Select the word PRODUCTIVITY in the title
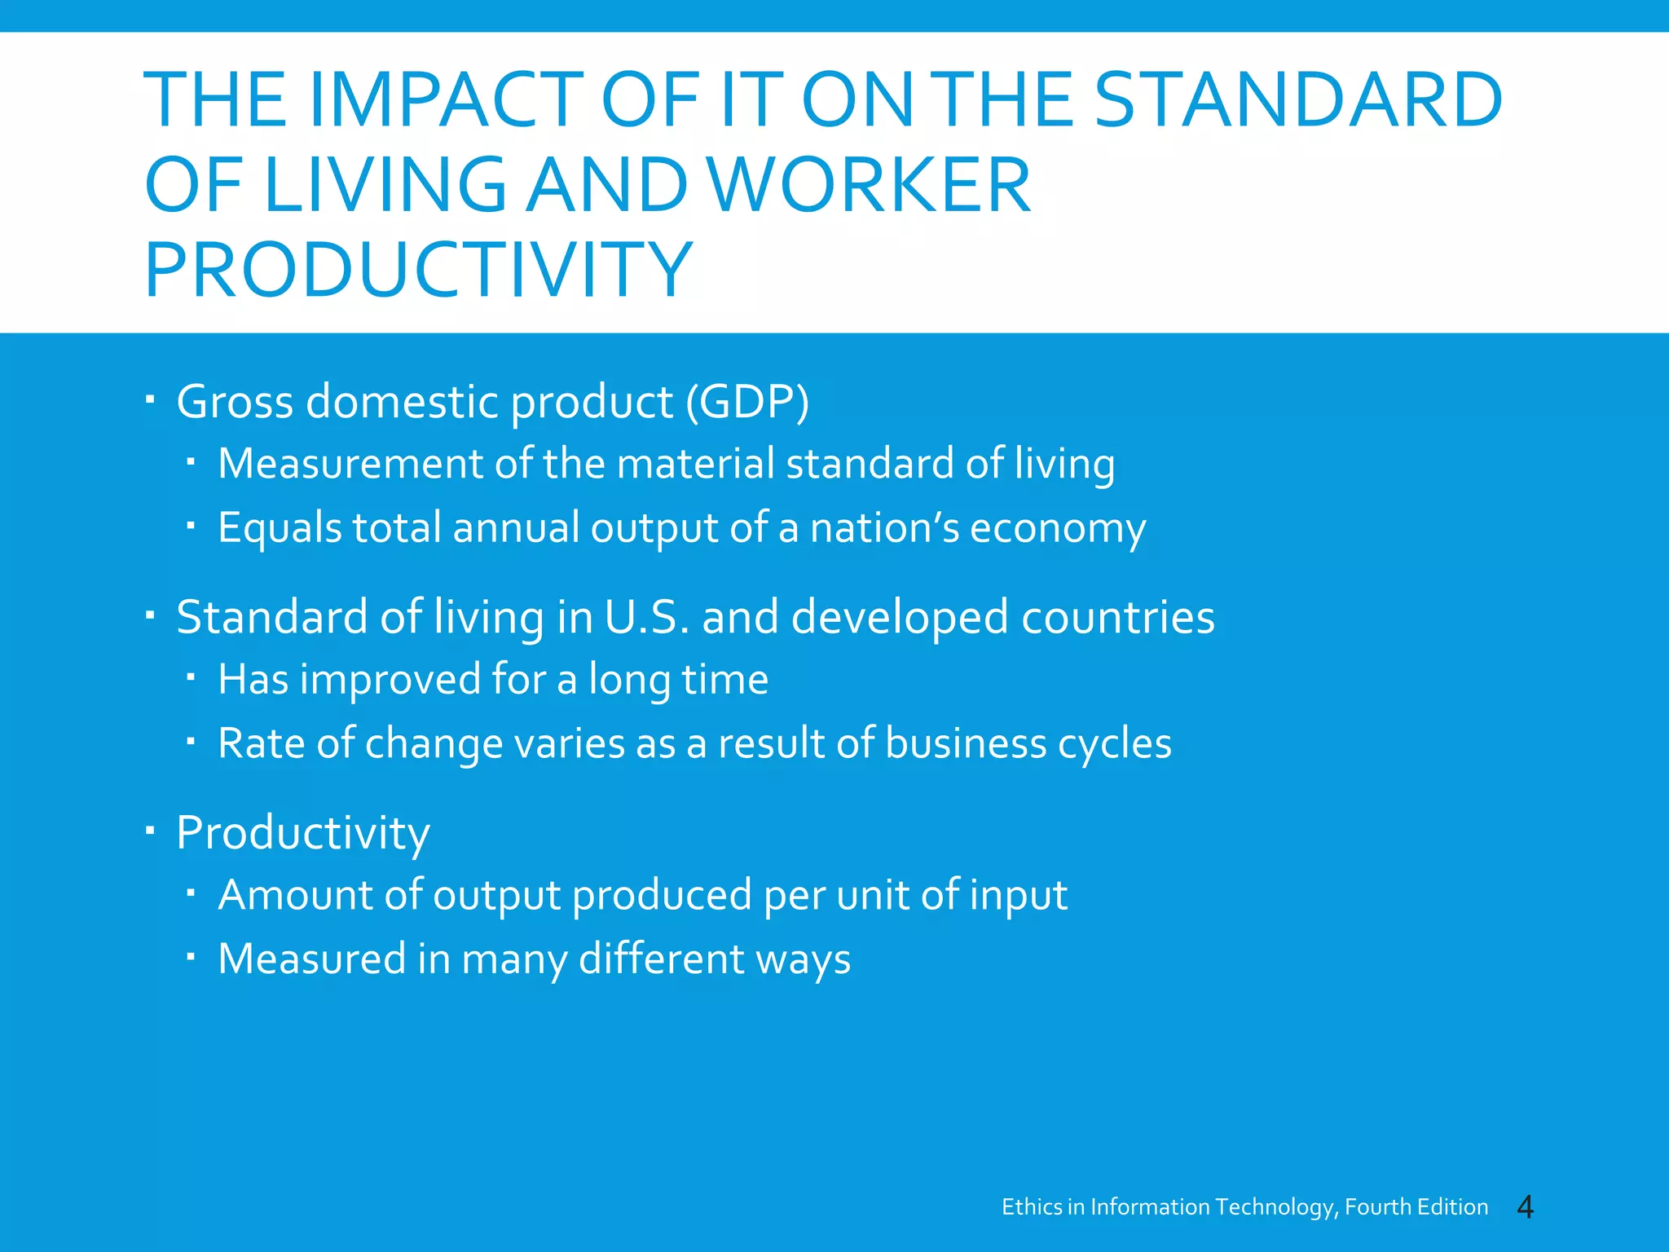[x=418, y=271]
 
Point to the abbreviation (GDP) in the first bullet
[x=746, y=402]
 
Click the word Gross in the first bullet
[x=235, y=402]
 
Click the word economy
[x=1057, y=529]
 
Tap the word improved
[x=390, y=680]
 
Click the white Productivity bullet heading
[x=302, y=834]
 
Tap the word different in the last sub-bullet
[x=661, y=959]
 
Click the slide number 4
[x=1525, y=1207]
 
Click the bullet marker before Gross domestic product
[x=150, y=399]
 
